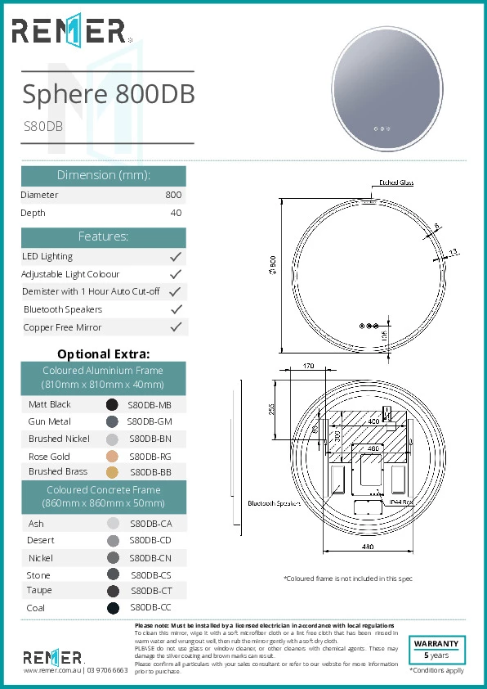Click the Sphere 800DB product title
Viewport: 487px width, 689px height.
click(x=108, y=94)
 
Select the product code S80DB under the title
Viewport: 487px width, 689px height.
click(x=42, y=127)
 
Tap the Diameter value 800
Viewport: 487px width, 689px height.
click(x=173, y=195)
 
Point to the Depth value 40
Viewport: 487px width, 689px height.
click(x=176, y=213)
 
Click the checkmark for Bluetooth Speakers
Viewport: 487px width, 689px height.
click(x=175, y=309)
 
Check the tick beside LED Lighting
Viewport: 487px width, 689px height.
click(x=175, y=257)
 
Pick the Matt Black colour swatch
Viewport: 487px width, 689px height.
click(x=112, y=404)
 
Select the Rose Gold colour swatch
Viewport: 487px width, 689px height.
click(x=112, y=457)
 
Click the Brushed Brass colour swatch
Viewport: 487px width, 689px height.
click(x=112, y=472)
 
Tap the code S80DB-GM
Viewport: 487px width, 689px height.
click(x=150, y=422)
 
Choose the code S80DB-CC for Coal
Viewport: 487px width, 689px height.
click(x=150, y=608)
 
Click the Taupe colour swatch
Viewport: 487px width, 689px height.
click(x=113, y=591)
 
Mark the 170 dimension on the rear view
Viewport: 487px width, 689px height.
click(x=307, y=367)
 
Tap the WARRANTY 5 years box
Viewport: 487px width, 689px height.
click(x=436, y=650)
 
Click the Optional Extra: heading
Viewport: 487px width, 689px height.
click(x=103, y=354)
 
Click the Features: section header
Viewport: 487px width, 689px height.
click(x=103, y=236)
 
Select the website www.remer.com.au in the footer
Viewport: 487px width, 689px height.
click(x=52, y=670)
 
